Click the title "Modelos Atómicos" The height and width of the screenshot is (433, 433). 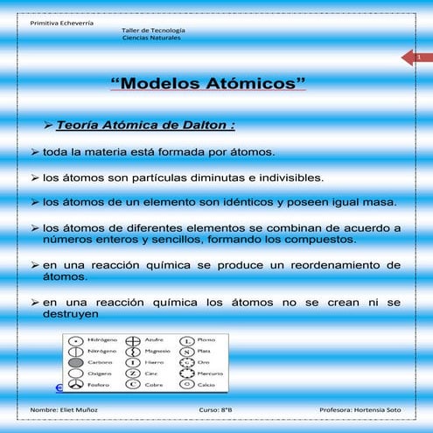209,84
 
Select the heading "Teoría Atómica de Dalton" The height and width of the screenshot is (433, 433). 144,124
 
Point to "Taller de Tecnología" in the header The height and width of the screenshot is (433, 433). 153,31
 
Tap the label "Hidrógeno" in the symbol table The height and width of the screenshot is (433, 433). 102,339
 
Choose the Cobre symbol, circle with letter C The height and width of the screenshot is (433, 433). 133,384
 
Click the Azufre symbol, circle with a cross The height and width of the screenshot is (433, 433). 133,339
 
